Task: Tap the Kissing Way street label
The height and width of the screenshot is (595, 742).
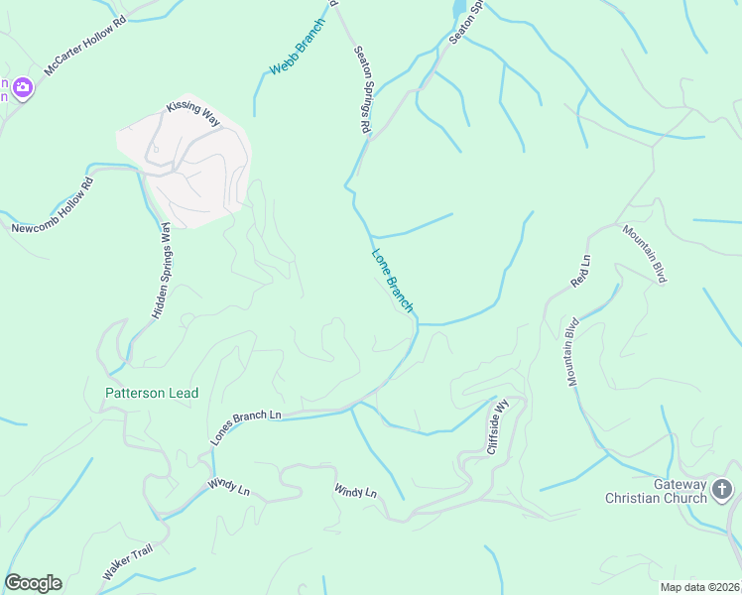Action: [192, 112]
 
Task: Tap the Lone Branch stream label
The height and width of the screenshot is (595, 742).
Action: [392, 281]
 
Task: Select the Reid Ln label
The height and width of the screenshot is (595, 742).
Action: [580, 272]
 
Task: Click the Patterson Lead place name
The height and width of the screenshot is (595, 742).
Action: [152, 394]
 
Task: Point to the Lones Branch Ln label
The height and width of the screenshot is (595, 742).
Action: [246, 426]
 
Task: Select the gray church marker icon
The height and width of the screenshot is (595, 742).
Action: [722, 489]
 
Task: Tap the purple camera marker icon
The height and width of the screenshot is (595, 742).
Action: [23, 89]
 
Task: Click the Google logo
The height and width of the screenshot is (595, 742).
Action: [33, 583]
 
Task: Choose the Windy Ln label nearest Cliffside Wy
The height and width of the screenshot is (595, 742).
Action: [355, 491]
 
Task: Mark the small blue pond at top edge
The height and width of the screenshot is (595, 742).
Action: [459, 8]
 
